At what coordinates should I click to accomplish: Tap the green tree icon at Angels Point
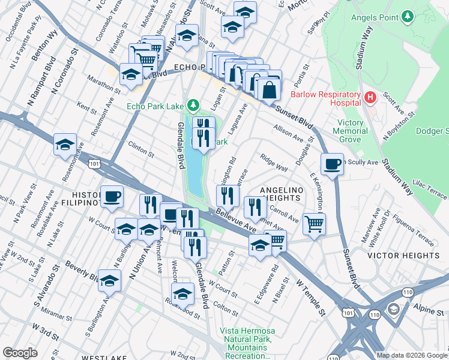(x=408, y=15)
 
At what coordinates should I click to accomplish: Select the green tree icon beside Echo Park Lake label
(x=193, y=106)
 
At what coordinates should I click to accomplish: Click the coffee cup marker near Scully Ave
(x=332, y=163)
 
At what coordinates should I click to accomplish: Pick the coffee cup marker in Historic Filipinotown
(x=112, y=196)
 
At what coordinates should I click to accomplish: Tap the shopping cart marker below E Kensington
(x=314, y=224)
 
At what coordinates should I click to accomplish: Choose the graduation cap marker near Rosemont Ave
(x=65, y=145)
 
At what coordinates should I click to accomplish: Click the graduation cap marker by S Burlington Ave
(x=109, y=281)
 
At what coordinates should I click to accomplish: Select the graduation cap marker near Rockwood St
(x=182, y=293)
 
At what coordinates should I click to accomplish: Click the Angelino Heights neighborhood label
(x=280, y=194)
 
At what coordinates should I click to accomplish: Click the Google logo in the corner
(x=20, y=353)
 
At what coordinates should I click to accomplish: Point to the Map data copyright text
(x=411, y=355)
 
